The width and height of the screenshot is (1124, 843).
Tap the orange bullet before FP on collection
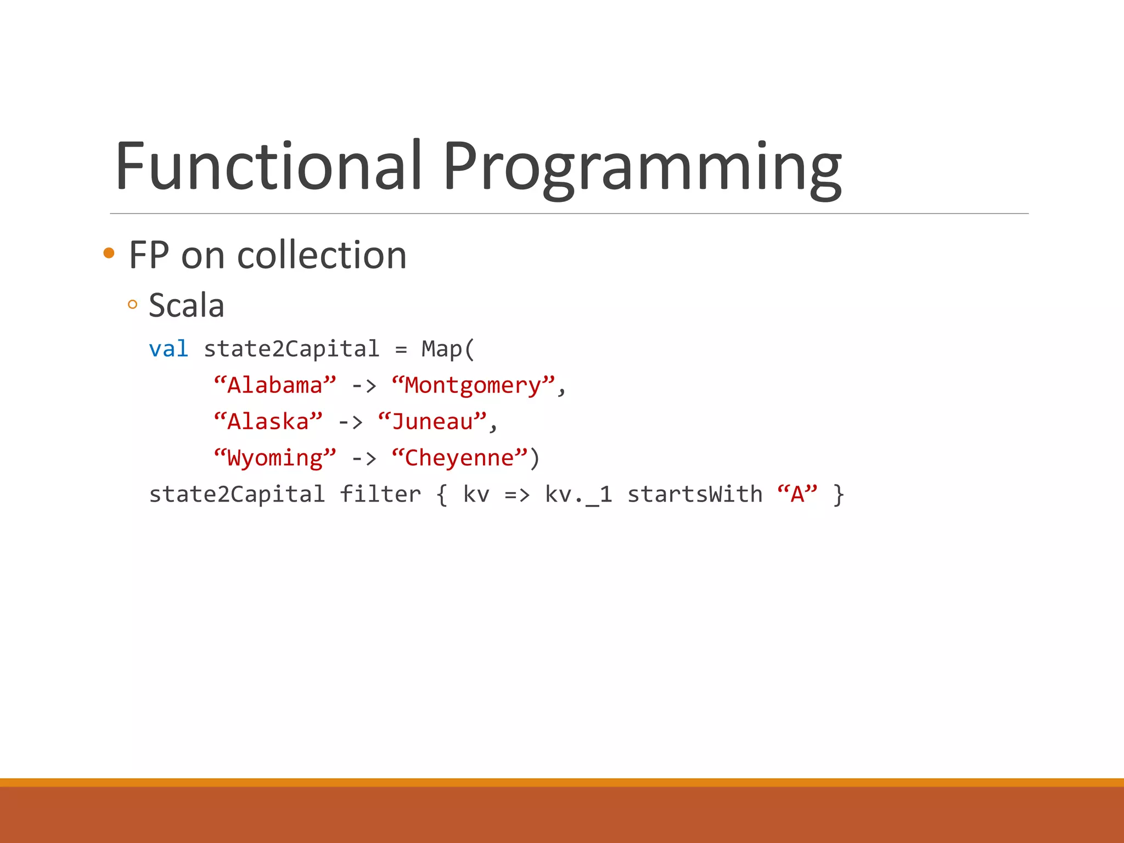[109, 253]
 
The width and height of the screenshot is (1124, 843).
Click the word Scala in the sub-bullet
[187, 306]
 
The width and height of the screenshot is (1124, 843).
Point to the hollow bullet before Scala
[132, 305]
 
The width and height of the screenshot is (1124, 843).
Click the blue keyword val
[168, 349]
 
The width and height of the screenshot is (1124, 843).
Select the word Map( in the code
[447, 349]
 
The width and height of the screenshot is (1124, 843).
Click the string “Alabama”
[274, 385]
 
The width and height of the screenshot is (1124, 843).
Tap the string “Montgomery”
[473, 385]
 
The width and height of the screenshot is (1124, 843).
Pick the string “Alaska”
[268, 421]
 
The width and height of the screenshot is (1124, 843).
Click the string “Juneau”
[432, 421]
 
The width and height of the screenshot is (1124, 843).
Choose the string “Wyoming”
[274, 458]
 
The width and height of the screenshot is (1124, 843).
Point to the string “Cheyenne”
[459, 458]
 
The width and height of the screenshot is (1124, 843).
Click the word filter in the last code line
[380, 494]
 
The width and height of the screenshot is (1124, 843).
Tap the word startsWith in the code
[695, 494]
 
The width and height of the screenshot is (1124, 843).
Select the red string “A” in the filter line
[797, 494]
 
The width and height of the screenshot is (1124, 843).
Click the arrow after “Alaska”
[350, 421]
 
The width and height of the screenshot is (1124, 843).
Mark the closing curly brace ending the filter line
[838, 494]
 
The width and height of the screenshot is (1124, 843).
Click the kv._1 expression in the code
[578, 494]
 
